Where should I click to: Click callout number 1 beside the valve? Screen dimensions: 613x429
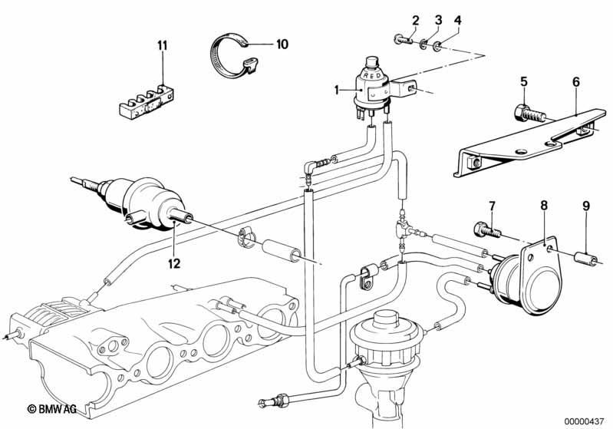coord(336,91)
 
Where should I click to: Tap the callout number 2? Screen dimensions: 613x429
coord(415,20)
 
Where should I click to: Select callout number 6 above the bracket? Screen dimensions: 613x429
coord(576,82)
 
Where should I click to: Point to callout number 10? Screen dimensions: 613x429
coord(282,45)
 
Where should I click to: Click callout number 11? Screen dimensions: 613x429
coord(162,46)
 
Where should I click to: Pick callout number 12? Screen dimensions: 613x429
coord(174,263)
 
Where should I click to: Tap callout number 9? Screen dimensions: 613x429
coord(585,206)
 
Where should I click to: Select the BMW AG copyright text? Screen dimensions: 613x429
coord(51,409)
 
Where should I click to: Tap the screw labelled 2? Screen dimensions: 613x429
coord(402,39)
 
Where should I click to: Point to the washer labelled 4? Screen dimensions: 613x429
coord(437,48)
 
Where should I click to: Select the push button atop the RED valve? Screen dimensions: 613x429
coord(371,63)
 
